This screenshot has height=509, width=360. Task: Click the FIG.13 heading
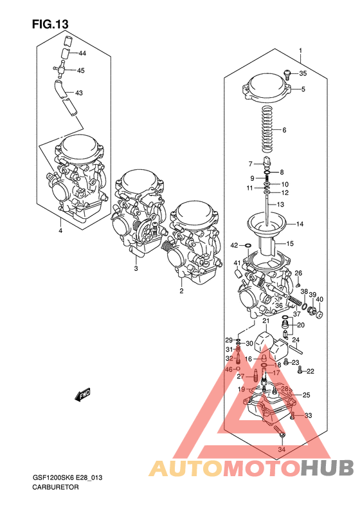click(x=50, y=24)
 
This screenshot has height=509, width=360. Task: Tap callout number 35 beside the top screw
click(x=303, y=73)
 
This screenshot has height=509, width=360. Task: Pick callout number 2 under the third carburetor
click(x=181, y=291)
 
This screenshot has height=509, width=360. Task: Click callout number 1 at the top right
click(x=300, y=50)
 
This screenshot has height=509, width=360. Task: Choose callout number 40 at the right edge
click(x=319, y=299)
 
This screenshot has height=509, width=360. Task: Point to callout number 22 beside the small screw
click(x=310, y=371)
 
